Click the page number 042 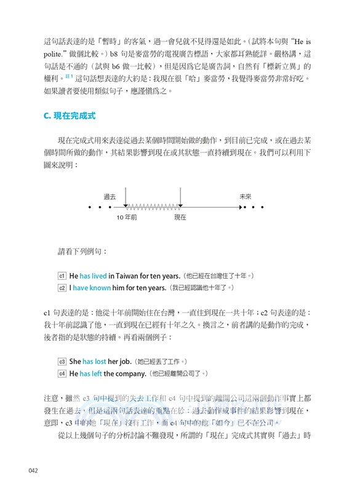[34, 470]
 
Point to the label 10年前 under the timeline [127, 218]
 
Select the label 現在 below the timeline [180, 218]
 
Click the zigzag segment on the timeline [153, 207]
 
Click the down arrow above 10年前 [125, 198]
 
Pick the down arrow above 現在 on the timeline [180, 198]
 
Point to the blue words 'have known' [92, 287]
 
